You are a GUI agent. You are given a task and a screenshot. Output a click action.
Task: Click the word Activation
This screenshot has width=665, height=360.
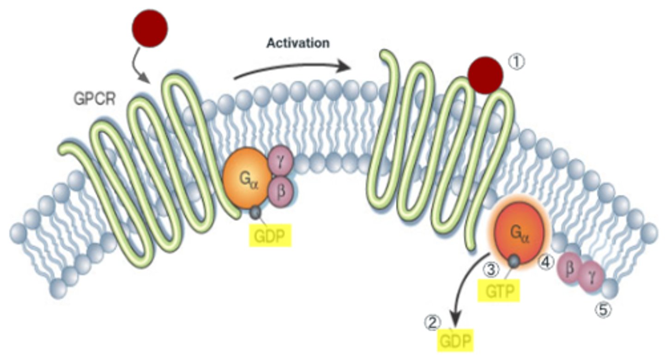pos(298,43)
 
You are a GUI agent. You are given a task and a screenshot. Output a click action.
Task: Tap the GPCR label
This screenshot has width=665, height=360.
pos(94,98)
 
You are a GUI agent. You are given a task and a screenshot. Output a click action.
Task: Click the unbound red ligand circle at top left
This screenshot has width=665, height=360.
pos(150,29)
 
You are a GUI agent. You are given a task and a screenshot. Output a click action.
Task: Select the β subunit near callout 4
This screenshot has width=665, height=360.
pos(570,268)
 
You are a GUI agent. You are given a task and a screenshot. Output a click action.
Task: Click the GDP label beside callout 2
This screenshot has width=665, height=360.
pos(457,342)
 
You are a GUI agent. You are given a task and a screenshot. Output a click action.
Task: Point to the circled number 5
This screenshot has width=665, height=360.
pos(602,310)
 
